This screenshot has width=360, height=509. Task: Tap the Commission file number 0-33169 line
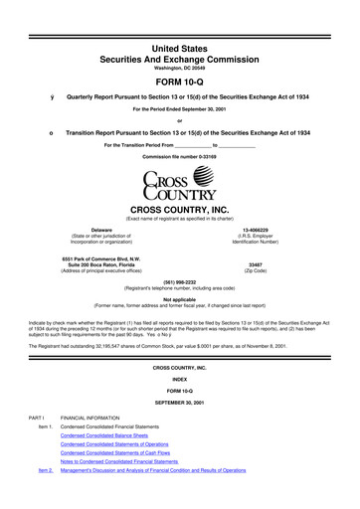coord(180,157)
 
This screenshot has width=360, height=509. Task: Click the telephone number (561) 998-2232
coord(180,280)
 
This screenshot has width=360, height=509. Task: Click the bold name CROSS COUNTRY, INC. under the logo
coord(180,209)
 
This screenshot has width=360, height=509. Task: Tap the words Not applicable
coord(180,297)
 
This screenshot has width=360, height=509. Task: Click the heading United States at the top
coord(180,17)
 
